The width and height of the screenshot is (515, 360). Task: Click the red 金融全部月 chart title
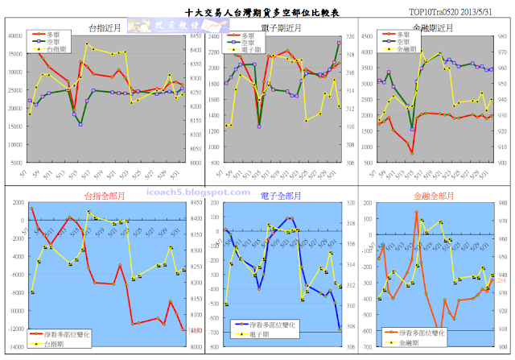[433, 197]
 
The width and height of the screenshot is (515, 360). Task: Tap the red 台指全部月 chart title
[102, 197]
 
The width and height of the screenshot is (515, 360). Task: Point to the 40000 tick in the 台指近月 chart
[14, 36]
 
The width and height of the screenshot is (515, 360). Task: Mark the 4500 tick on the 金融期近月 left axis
[364, 36]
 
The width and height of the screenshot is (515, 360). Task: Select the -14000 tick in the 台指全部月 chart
[13, 349]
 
